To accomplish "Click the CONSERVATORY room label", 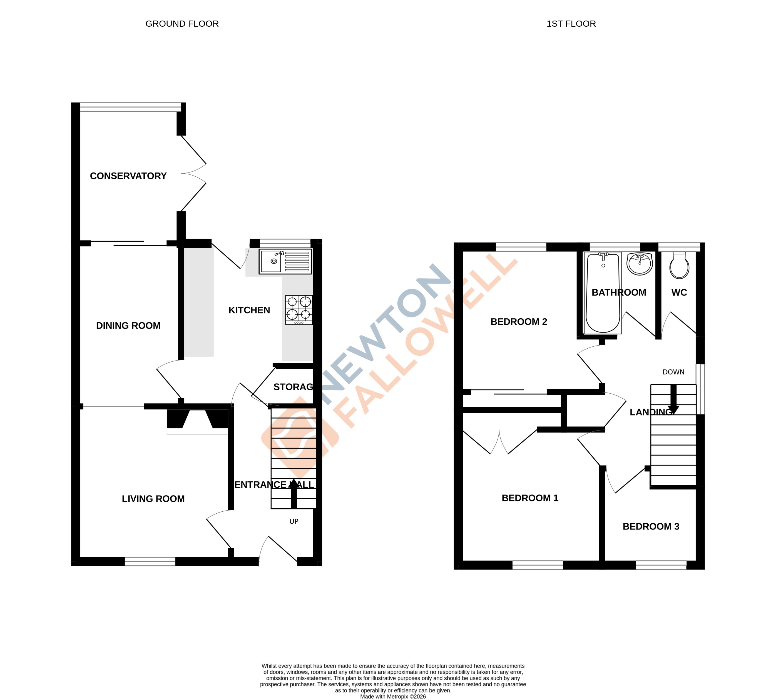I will tap(128, 176).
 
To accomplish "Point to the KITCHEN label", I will tap(249, 310).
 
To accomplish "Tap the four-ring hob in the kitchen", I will tap(299, 310).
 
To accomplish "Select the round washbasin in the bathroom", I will tap(639, 264).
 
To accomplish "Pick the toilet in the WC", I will tap(679, 265).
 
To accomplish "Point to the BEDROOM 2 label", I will tap(518, 322).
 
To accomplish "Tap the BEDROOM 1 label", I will tap(530, 498).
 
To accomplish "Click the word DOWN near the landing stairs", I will tap(673, 372).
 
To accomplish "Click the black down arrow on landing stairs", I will tap(673, 400).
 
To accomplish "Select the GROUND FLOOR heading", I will tap(182, 24).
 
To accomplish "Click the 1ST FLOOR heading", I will tap(571, 24).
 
